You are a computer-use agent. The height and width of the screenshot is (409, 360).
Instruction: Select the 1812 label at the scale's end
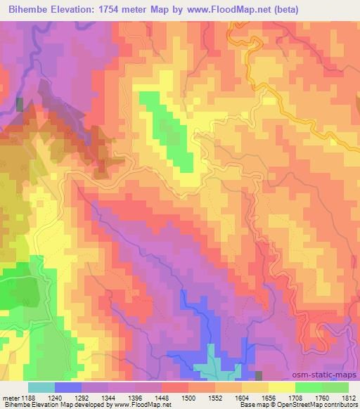(x=349, y=398)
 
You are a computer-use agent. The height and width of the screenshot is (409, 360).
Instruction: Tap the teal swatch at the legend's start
(x=41, y=387)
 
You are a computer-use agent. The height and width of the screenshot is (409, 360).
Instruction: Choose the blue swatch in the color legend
(x=67, y=387)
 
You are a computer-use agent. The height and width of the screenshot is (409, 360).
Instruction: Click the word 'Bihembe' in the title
(x=27, y=10)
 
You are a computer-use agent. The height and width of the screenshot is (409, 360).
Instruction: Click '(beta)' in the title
(x=307, y=10)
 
